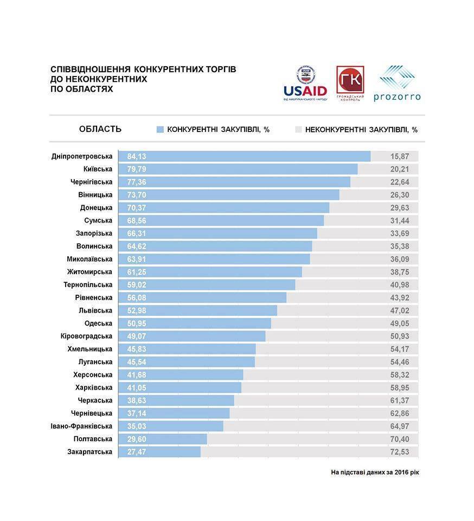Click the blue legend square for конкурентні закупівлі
click(160, 130)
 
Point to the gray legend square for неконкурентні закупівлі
click(298, 130)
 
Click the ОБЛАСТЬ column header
click(100, 129)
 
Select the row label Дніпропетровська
click(82, 156)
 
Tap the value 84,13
click(137, 156)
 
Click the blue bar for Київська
click(239, 169)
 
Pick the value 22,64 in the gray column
click(400, 182)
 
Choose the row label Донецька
click(96, 208)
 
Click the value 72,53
click(400, 452)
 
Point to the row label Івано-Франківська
click(81, 426)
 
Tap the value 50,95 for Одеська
click(137, 323)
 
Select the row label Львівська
click(95, 310)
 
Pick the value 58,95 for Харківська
click(400, 387)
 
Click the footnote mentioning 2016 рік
click(375, 472)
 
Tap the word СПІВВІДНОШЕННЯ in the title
click(90, 70)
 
